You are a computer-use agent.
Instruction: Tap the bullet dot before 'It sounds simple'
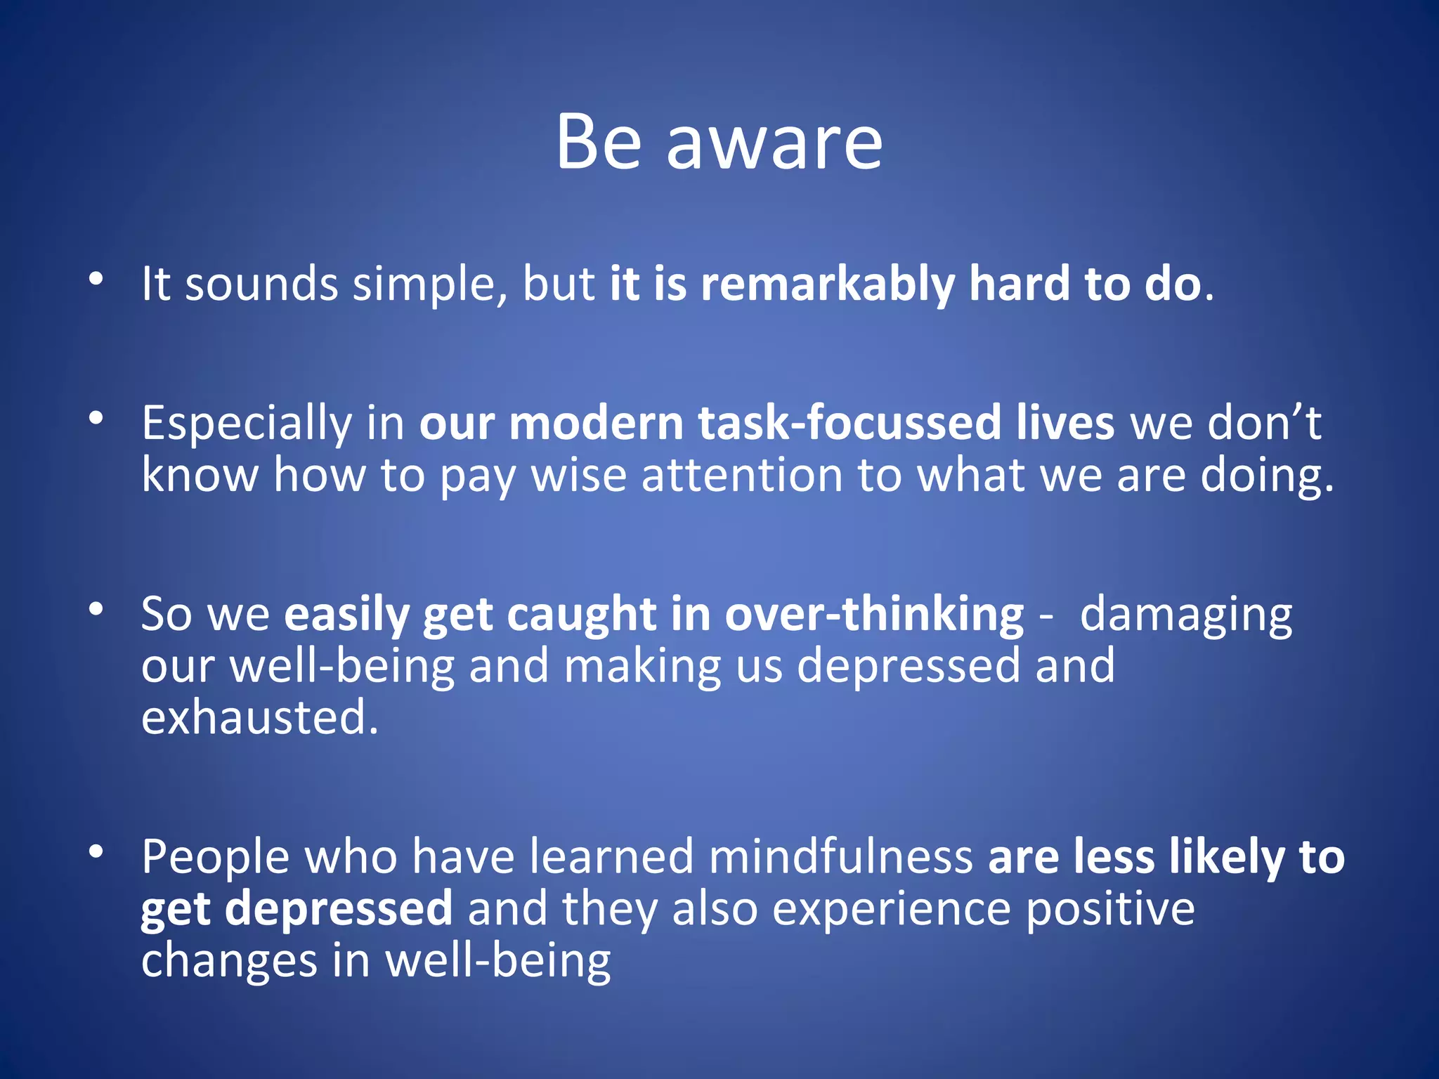click(96, 279)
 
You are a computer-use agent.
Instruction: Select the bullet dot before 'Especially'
click(96, 419)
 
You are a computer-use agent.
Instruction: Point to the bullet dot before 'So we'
click(96, 609)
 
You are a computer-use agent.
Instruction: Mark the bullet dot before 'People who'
click(96, 852)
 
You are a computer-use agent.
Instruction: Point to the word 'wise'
click(578, 476)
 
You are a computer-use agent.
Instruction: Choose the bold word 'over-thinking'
click(874, 615)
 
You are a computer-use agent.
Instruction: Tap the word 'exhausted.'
click(260, 718)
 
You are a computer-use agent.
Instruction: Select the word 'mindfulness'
click(840, 857)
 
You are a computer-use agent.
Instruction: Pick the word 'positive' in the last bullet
click(1110, 910)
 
